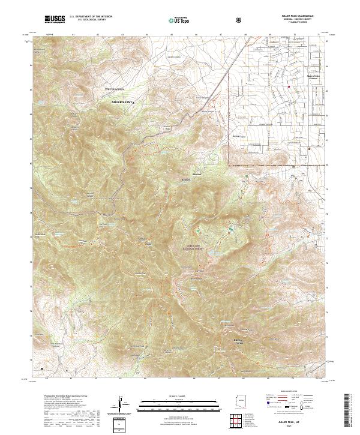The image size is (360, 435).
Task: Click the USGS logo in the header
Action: [55, 20]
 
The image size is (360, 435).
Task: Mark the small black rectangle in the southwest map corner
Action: [42, 369]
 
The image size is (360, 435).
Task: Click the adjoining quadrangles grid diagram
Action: [239, 422]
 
